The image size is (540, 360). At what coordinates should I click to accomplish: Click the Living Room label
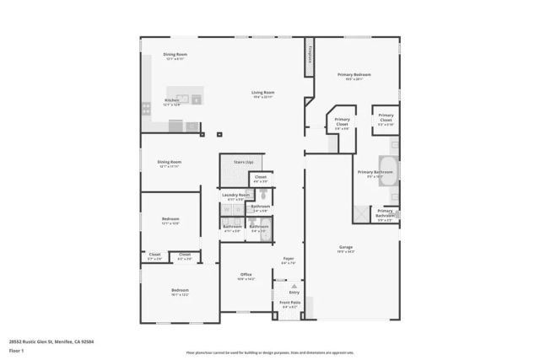click(x=262, y=93)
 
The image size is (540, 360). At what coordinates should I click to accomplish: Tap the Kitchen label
click(x=171, y=100)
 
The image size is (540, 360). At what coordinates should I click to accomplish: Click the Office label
click(x=246, y=274)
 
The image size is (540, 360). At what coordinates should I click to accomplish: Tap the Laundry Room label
click(x=235, y=195)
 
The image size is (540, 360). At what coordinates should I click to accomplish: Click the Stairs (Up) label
click(x=243, y=161)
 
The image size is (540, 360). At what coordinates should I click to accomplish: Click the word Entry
click(x=294, y=293)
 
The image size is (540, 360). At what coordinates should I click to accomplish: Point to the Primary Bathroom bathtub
click(x=389, y=164)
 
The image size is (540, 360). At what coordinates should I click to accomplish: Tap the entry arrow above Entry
click(x=294, y=286)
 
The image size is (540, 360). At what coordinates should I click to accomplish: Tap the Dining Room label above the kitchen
click(x=175, y=56)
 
